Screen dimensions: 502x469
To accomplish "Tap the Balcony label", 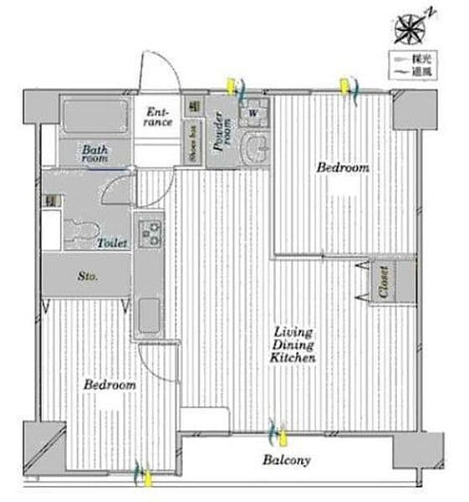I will tap(287, 460).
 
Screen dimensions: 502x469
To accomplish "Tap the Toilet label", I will tap(112, 243).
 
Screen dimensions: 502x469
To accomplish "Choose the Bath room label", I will tap(94, 153).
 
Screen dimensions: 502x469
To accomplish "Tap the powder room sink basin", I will tap(255, 150).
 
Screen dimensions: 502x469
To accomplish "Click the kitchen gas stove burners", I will tap(151, 233).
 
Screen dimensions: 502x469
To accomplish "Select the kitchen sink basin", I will tap(150, 315).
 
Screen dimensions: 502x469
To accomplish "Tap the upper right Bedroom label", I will tap(342, 168).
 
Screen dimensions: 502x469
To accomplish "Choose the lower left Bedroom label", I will tap(110, 386).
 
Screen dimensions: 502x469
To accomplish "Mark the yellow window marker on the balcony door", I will tap(283, 435).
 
